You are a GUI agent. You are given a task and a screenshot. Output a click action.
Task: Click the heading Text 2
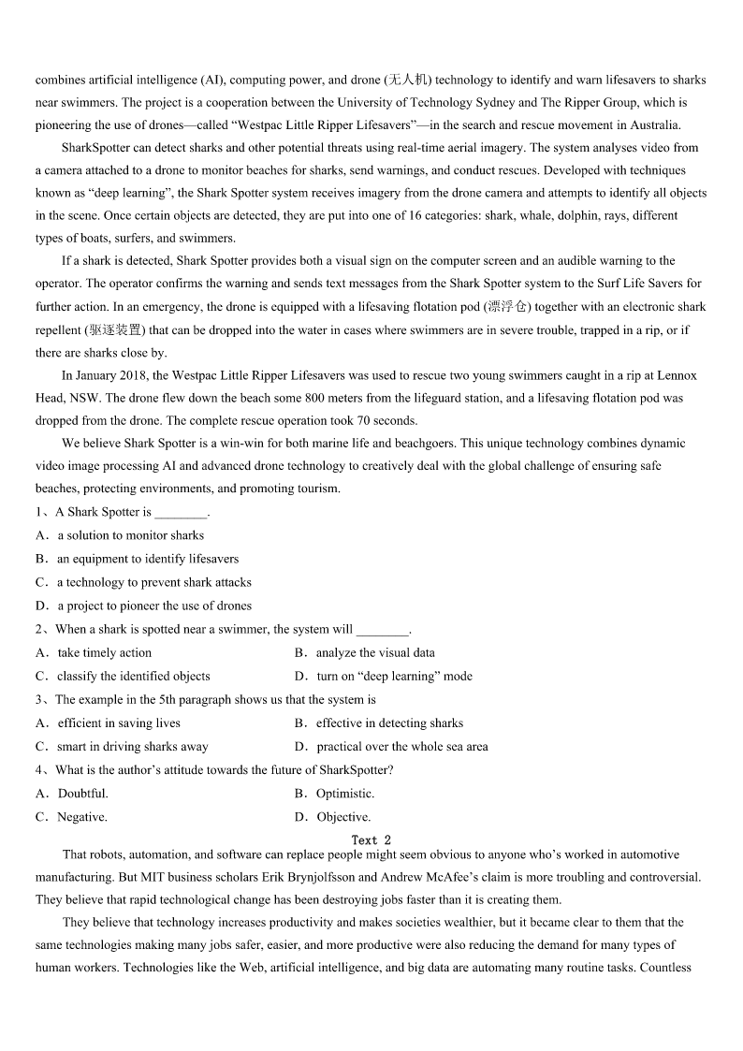point(371,840)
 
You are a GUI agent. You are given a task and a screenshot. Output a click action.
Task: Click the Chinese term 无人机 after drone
point(408,80)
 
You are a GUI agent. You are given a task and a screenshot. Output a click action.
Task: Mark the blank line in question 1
point(181,513)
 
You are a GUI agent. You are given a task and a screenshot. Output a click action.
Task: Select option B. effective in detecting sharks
point(389,723)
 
